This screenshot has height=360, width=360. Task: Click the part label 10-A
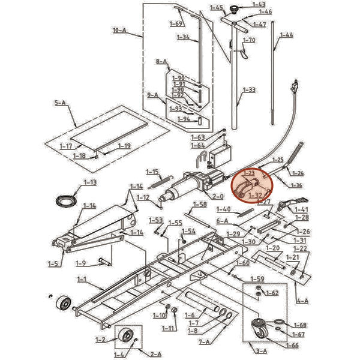(120, 29)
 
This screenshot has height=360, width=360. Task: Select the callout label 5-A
(60, 103)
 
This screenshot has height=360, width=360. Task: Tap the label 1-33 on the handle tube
(249, 90)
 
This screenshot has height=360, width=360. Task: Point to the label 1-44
(287, 35)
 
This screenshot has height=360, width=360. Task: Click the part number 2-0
(217, 196)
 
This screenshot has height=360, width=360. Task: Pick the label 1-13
(90, 182)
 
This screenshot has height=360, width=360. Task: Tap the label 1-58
(199, 205)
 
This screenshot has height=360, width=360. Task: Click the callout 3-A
(262, 350)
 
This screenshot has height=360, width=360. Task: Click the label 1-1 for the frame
(83, 279)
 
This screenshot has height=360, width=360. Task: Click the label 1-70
(249, 40)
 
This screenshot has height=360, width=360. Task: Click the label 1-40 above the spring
(223, 209)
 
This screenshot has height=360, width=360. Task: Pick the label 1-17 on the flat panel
(67, 146)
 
